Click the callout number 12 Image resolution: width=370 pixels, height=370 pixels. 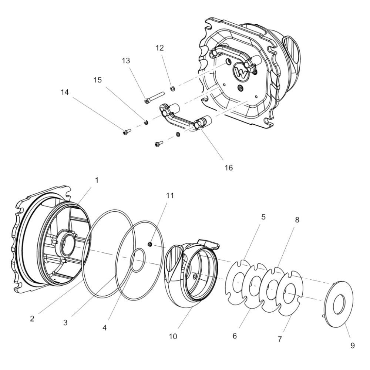[x=159, y=48]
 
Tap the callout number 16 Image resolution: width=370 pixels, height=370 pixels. [x=228, y=168]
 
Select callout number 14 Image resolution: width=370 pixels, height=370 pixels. [x=65, y=92]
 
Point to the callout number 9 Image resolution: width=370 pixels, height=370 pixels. [x=352, y=346]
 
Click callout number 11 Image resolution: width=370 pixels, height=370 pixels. [x=170, y=196]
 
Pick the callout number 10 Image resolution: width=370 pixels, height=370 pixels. [x=173, y=336]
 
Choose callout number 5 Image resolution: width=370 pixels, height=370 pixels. [x=263, y=216]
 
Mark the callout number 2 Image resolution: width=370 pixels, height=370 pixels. [x=32, y=319]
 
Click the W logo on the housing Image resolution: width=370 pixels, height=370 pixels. [x=241, y=72]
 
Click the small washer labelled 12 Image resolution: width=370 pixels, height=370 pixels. [x=172, y=89]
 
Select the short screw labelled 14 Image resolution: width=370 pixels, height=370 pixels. [x=127, y=131]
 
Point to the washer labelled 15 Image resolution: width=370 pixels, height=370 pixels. [x=146, y=122]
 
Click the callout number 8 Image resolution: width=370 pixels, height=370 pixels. [x=297, y=220]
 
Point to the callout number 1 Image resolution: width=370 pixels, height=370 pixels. [x=97, y=180]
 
